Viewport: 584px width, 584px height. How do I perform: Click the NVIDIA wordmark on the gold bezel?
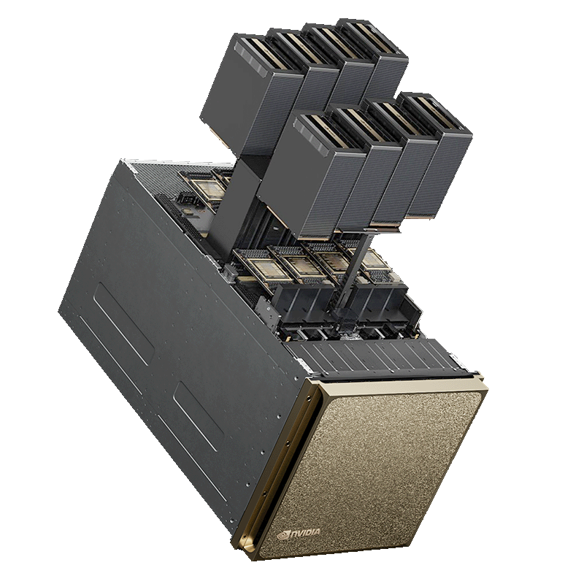(x=304, y=533)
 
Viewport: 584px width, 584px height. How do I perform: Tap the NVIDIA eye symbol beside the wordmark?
(x=283, y=535)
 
